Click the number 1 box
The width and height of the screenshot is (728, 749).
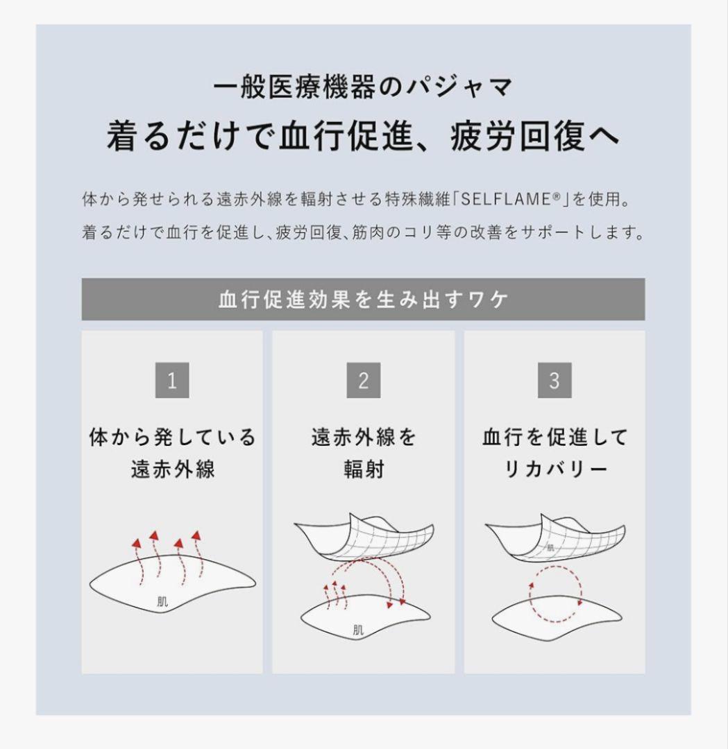pos(172,381)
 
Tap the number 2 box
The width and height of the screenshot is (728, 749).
pos(363,381)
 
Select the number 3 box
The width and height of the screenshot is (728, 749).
pos(554,381)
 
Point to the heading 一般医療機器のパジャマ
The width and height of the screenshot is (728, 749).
pos(363,89)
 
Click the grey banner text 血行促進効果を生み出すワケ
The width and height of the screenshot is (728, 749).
pos(363,300)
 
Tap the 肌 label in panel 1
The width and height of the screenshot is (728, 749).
pos(162,602)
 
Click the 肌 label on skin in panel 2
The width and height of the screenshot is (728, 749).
pos(358,630)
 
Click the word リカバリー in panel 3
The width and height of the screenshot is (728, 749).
pos(555,470)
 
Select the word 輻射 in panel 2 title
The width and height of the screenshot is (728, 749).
pos(364,470)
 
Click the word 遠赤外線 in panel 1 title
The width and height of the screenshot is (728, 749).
pos(173,470)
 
